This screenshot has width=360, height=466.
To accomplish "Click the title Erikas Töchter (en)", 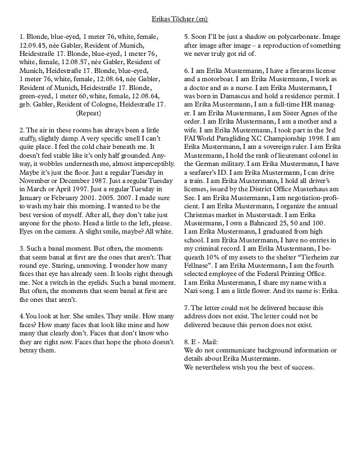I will [180, 19].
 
